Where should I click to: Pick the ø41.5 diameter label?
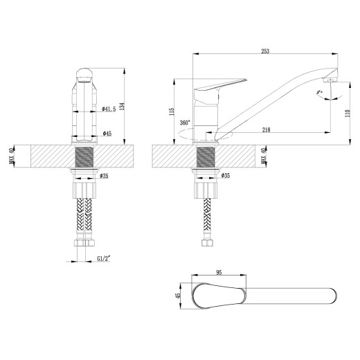pos(111,108)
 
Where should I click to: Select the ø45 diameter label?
pos(108,132)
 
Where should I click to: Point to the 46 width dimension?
pos(179,296)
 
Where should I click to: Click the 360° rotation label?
pos(184,123)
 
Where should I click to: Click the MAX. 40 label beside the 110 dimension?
pos(264,156)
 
